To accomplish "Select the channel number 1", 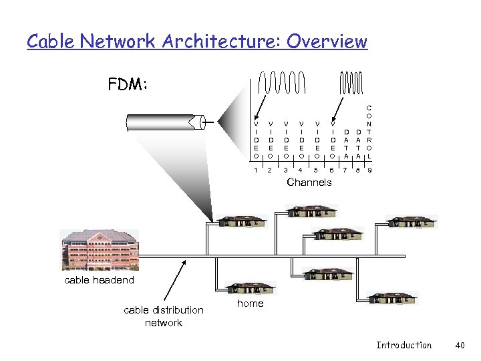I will (255, 170).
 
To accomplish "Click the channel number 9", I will (369, 170).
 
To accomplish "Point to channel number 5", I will (316, 170).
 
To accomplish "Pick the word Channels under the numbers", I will (309, 183).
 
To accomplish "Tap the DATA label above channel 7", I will (346, 144).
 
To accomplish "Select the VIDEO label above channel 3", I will (286, 139).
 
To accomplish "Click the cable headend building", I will (100, 249).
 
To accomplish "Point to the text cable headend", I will (99, 280).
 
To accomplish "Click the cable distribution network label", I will (164, 316).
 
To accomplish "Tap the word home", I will (251, 304).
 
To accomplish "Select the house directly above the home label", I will (251, 288).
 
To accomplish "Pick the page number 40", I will (459, 345).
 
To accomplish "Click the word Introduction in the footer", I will (404, 345).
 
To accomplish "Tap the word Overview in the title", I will (327, 41).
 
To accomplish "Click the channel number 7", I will (346, 170).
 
